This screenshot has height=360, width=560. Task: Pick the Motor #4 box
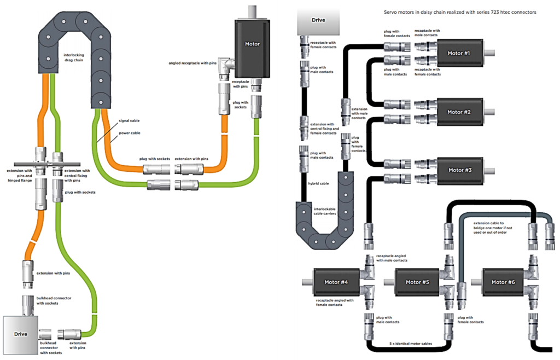[336, 282]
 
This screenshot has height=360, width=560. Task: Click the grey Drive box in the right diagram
[318, 21]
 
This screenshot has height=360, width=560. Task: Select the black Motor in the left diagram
[252, 44]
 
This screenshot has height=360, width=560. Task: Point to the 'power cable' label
[130, 132]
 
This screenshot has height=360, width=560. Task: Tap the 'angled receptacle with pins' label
[192, 63]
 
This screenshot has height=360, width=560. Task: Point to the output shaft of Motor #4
[306, 282]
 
